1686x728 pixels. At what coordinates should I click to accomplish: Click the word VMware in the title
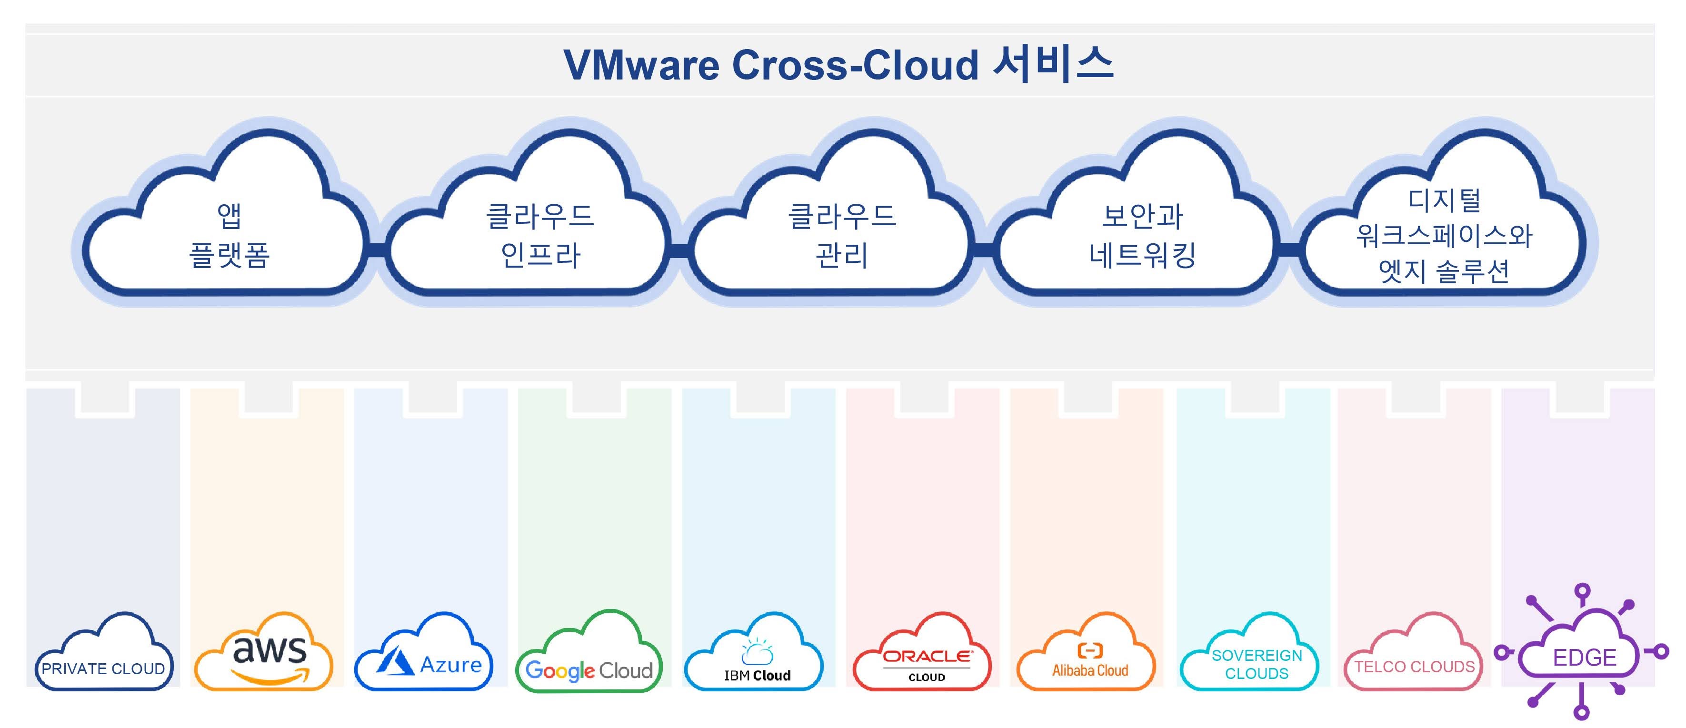tap(641, 66)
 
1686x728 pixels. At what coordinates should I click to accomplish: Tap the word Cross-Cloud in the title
tap(855, 66)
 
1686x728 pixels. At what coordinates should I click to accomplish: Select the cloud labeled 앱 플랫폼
tap(229, 236)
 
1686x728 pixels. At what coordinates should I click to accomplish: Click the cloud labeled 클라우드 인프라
tap(540, 236)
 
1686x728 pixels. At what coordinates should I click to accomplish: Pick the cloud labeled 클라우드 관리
tap(842, 236)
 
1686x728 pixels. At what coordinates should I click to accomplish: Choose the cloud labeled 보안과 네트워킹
tap(1142, 236)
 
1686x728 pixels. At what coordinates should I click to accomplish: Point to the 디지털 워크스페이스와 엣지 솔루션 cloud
tap(1444, 236)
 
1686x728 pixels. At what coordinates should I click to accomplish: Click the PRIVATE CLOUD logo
tap(103, 668)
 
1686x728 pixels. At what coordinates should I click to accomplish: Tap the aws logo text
tap(269, 649)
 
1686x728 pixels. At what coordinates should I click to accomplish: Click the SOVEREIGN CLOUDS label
tap(1257, 664)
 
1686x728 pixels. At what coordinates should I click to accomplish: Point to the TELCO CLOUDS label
tap(1415, 667)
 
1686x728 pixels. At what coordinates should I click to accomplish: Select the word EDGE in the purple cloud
tap(1584, 657)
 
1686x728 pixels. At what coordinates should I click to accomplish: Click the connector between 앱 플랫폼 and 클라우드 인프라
tap(376, 249)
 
